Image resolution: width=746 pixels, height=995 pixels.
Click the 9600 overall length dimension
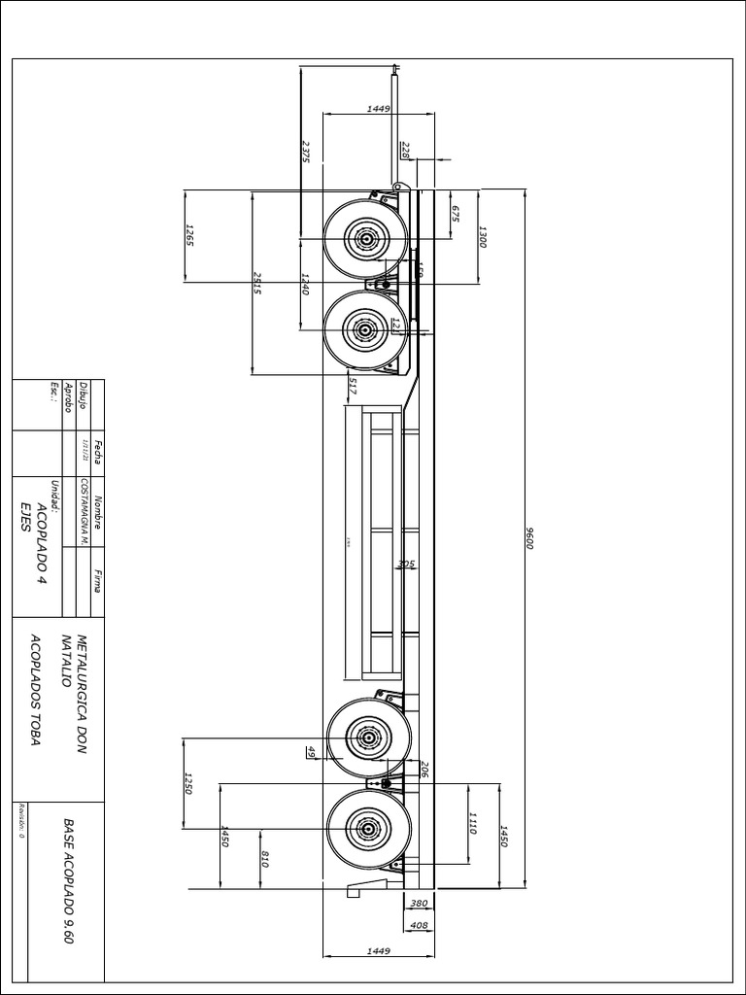tap(530, 537)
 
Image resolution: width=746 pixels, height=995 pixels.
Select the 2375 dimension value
tap(306, 153)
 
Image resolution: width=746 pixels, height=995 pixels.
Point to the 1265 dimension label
tap(190, 236)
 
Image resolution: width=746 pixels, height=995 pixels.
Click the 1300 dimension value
tap(481, 236)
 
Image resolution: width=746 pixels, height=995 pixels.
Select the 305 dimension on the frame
tap(406, 564)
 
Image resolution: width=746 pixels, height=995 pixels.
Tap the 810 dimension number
tap(265, 859)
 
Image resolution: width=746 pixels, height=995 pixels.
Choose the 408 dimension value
tap(420, 925)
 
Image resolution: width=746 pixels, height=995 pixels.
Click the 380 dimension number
tap(420, 903)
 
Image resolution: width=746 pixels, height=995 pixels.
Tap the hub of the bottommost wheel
tap(369, 830)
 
